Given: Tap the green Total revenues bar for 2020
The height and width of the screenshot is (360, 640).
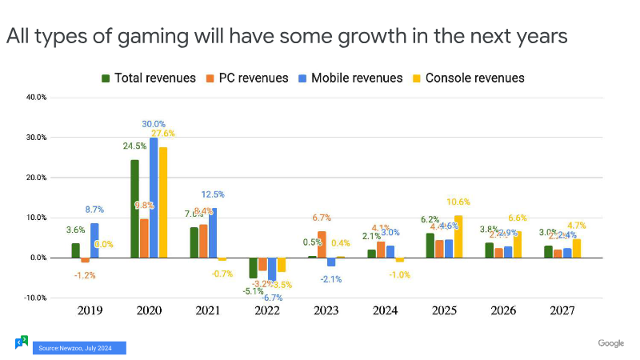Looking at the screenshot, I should pos(134,209).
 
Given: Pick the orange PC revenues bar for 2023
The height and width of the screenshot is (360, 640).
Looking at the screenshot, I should pos(322,244).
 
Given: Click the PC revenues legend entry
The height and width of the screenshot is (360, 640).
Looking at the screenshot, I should pos(251,78).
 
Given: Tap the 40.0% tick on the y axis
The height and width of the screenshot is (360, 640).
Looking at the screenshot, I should pos(37,98).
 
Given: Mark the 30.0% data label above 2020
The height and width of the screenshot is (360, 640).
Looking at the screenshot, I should pos(154,124).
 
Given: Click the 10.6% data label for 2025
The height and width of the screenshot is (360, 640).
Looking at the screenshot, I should pos(458,202).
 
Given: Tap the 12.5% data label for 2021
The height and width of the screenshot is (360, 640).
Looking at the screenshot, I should pos(213,194).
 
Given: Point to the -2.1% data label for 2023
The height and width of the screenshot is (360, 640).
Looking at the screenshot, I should pos(331,278).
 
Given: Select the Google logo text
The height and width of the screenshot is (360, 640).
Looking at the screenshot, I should pos(610,343).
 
